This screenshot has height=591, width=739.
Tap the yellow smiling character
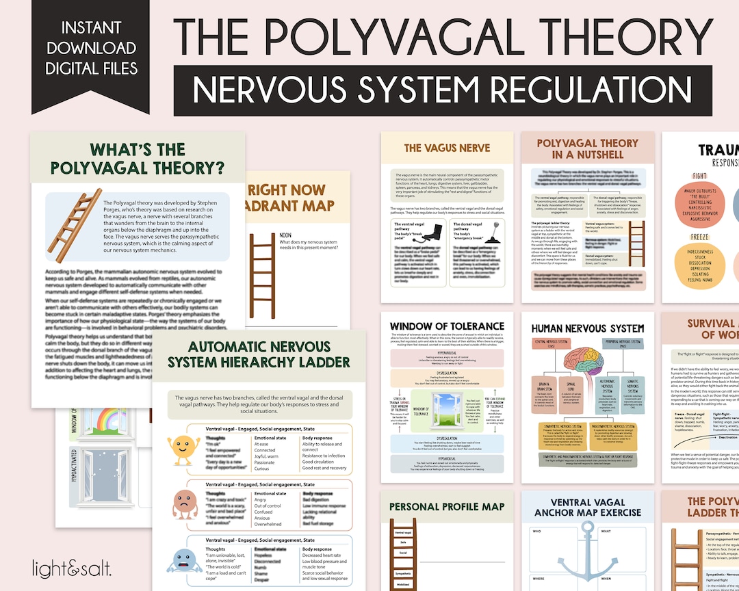pyautogui.click(x=184, y=448)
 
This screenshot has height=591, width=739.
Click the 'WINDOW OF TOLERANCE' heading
pyautogui.click(x=447, y=326)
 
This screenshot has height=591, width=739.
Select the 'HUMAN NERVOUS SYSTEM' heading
pyautogui.click(x=587, y=329)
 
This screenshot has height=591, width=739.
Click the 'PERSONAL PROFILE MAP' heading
pyautogui.click(x=447, y=507)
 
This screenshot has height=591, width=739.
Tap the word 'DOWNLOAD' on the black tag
pyautogui.click(x=91, y=48)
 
